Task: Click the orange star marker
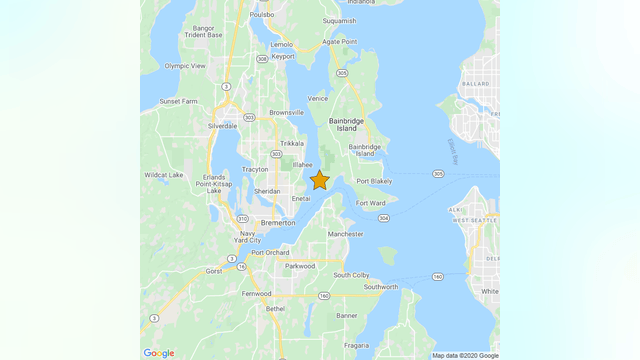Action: [x=319, y=180]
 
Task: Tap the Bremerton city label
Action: [x=277, y=223]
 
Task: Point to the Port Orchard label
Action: [x=270, y=253]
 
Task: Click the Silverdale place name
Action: [x=222, y=126]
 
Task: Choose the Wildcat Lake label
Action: [x=163, y=175]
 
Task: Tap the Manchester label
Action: [x=345, y=234]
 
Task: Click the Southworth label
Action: [x=380, y=287]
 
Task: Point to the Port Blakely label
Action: [x=373, y=181]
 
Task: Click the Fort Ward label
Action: [x=370, y=203]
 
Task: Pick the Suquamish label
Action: [x=339, y=20]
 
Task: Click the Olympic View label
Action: [x=185, y=66]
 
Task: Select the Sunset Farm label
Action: [x=178, y=101]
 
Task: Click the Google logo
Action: [x=158, y=352]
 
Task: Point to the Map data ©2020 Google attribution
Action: [x=465, y=355]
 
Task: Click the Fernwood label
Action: [x=256, y=294]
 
